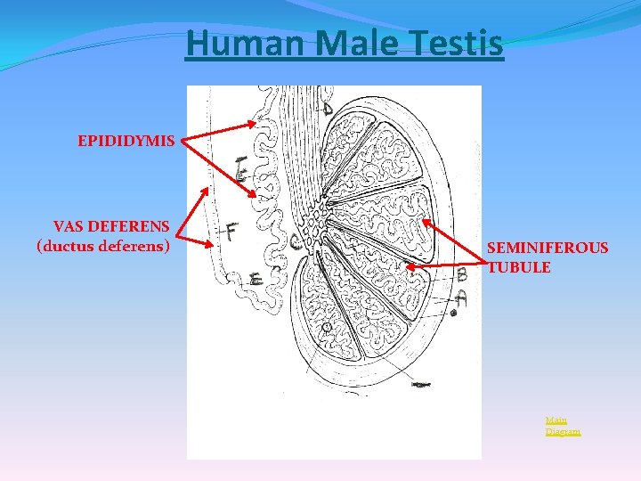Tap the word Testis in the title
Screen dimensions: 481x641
(458, 43)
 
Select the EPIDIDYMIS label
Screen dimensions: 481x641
(126, 141)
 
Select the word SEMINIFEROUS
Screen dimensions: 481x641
(548, 248)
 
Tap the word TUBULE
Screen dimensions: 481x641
(519, 266)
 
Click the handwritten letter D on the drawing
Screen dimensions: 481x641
(328, 108)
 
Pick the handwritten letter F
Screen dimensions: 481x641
(231, 232)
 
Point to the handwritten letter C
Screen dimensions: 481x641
(295, 241)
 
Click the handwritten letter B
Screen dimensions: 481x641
(461, 275)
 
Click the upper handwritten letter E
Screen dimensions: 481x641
(241, 169)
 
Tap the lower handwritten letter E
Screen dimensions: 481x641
(256, 281)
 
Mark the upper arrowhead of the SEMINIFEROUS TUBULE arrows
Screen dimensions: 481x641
(424, 220)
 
